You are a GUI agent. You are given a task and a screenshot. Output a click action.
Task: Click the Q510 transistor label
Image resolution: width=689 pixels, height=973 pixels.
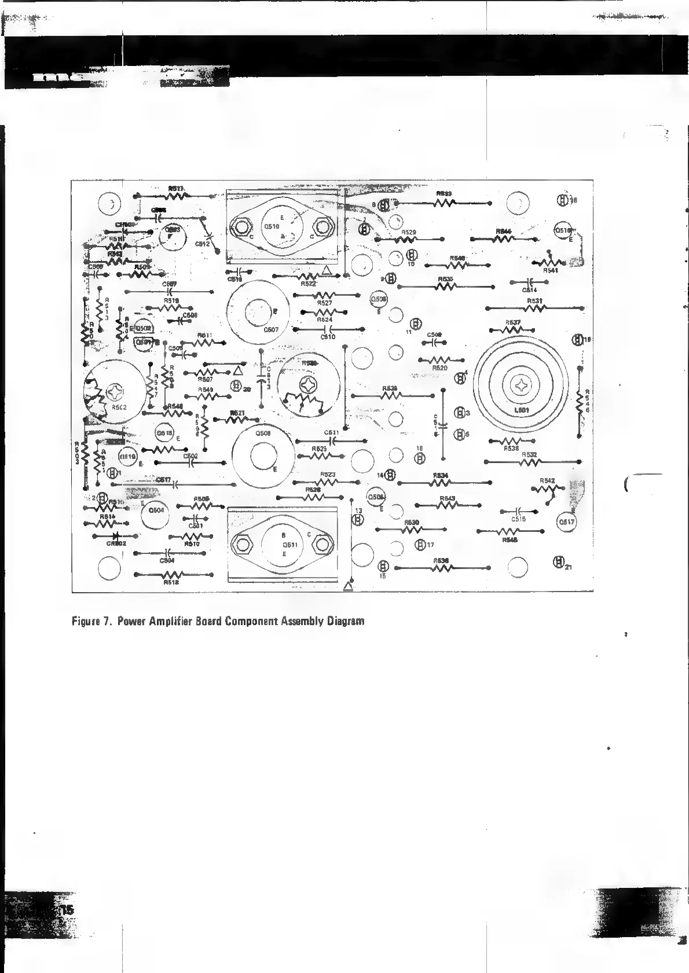click(272, 227)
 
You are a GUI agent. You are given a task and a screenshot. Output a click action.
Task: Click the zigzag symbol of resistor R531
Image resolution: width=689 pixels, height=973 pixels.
click(535, 308)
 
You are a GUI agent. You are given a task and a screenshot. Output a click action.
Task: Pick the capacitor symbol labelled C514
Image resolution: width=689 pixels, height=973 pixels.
click(529, 282)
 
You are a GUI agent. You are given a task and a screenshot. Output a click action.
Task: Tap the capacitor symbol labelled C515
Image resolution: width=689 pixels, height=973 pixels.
click(519, 511)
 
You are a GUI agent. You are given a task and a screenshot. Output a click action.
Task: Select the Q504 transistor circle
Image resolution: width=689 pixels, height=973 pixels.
click(156, 511)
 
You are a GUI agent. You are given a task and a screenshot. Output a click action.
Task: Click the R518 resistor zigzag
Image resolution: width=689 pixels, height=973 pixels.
click(173, 575)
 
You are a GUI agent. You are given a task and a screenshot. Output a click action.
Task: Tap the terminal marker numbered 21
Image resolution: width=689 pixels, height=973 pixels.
click(558, 561)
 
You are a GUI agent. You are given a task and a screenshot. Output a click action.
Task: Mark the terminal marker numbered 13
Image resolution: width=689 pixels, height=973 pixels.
click(358, 519)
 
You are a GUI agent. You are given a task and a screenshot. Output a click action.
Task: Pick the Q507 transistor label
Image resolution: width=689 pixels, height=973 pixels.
click(271, 330)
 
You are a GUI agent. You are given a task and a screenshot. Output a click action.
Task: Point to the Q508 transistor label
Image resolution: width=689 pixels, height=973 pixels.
click(263, 433)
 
